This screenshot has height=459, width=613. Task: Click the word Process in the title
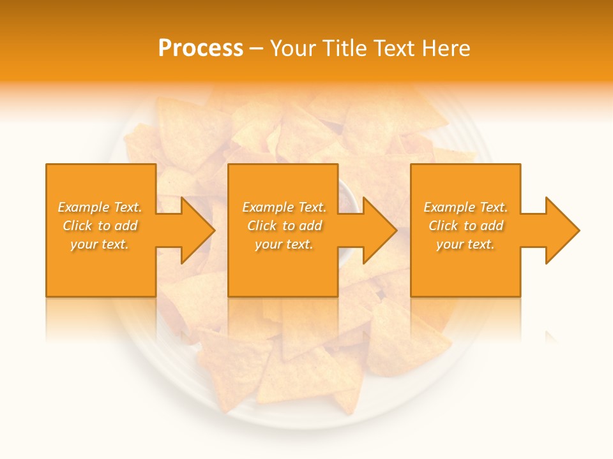click(201, 48)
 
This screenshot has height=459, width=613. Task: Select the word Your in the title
click(295, 48)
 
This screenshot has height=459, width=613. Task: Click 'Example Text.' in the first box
click(100, 207)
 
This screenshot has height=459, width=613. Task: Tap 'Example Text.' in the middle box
click(284, 207)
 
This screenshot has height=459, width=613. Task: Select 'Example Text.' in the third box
click(465, 207)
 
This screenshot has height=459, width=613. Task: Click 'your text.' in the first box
click(100, 244)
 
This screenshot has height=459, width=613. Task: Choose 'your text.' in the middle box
click(284, 244)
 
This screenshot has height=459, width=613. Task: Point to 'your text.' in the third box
click(465, 244)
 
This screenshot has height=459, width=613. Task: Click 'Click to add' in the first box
click(100, 226)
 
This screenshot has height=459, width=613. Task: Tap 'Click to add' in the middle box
click(284, 226)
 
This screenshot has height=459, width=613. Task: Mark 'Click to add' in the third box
click(465, 226)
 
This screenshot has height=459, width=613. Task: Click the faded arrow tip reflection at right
click(550, 335)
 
